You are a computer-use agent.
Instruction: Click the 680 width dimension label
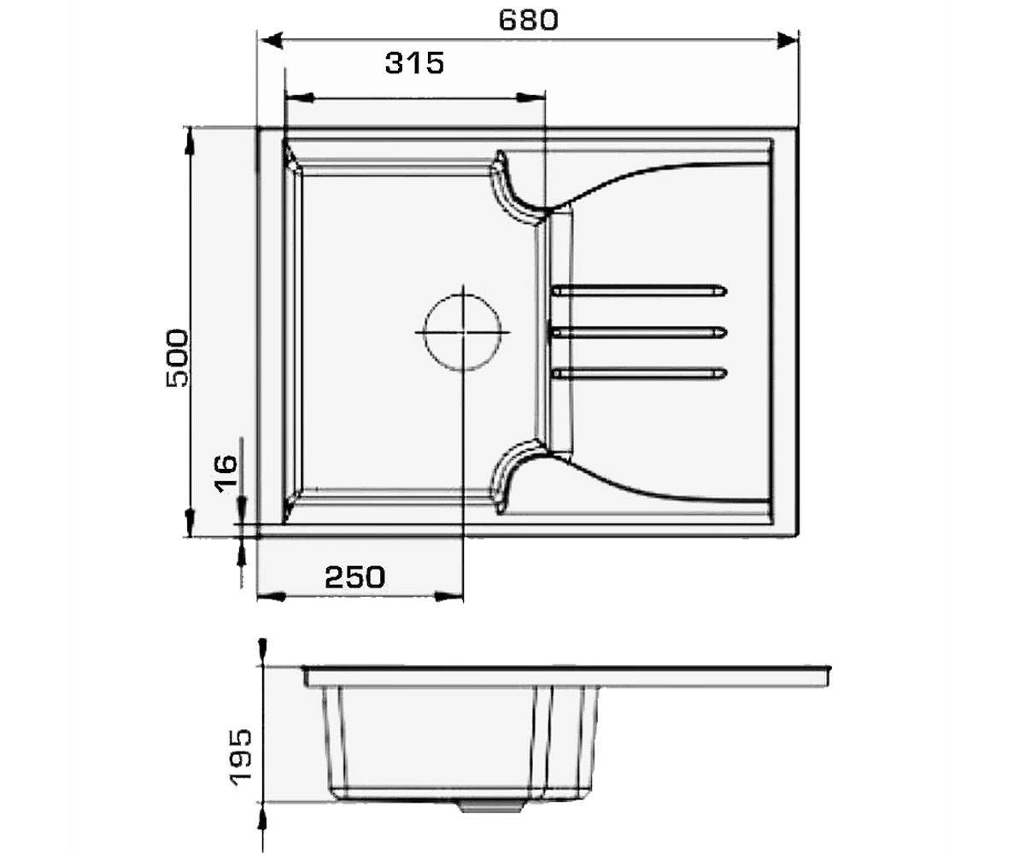[x=528, y=20]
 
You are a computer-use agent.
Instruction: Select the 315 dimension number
[x=414, y=63]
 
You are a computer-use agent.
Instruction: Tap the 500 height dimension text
[x=177, y=359]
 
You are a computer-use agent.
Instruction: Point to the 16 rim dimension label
[x=225, y=473]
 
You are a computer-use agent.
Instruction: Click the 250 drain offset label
[x=355, y=577]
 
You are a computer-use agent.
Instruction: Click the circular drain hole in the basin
[x=462, y=332]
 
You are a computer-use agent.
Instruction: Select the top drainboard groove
[x=639, y=291]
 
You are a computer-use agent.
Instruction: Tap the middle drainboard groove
[x=639, y=333]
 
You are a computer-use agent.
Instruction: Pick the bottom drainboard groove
[x=639, y=374]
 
